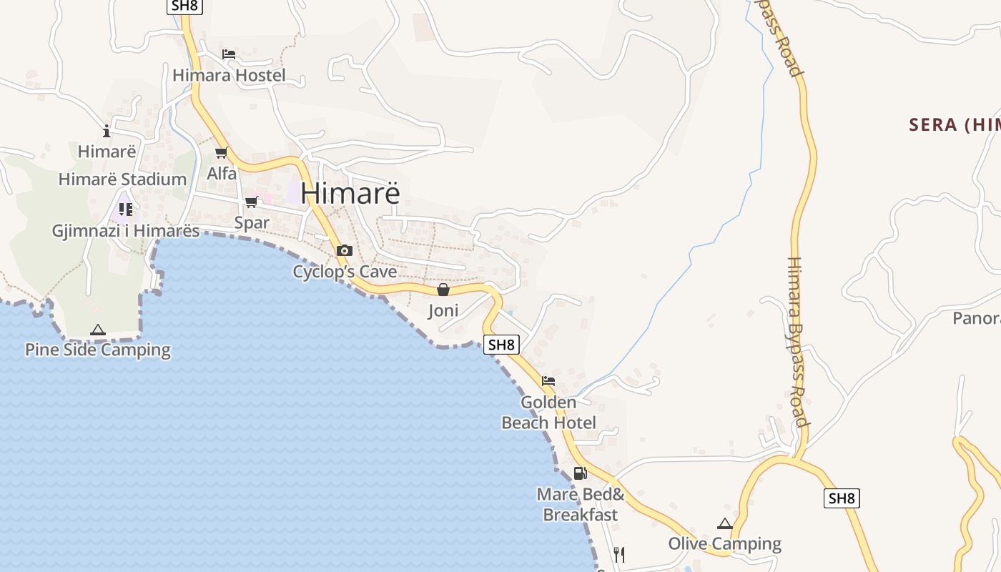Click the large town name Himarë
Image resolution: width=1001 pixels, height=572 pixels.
click(x=350, y=193)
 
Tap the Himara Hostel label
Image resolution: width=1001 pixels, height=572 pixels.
click(x=229, y=75)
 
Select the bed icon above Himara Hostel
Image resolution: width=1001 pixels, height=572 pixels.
click(x=229, y=54)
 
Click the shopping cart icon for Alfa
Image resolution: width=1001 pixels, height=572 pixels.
click(x=222, y=152)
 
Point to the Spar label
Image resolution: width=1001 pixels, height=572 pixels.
click(x=252, y=222)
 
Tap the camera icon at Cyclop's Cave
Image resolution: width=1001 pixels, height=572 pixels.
click(x=345, y=250)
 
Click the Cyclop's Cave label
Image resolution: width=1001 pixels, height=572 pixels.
click(x=345, y=272)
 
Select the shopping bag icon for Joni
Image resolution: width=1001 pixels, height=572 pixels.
click(x=443, y=290)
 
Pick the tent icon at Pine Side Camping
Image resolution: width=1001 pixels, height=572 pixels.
click(x=98, y=330)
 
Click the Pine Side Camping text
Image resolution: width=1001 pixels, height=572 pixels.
click(x=98, y=350)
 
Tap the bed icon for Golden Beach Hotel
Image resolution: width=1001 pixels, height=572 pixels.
click(x=548, y=380)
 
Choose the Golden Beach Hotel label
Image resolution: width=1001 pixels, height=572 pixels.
click(x=548, y=413)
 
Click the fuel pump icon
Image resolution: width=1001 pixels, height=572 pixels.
click(x=580, y=473)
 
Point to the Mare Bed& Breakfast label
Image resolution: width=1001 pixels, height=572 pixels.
click(x=581, y=504)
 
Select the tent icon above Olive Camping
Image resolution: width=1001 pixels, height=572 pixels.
click(x=725, y=523)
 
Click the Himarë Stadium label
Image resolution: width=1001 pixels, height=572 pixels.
click(x=122, y=179)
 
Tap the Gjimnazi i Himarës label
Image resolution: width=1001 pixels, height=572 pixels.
click(x=126, y=231)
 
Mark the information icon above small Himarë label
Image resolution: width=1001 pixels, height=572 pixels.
click(x=107, y=131)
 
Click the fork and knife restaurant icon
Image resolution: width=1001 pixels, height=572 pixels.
click(x=619, y=554)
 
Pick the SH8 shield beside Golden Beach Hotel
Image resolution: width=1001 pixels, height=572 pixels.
click(x=500, y=345)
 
